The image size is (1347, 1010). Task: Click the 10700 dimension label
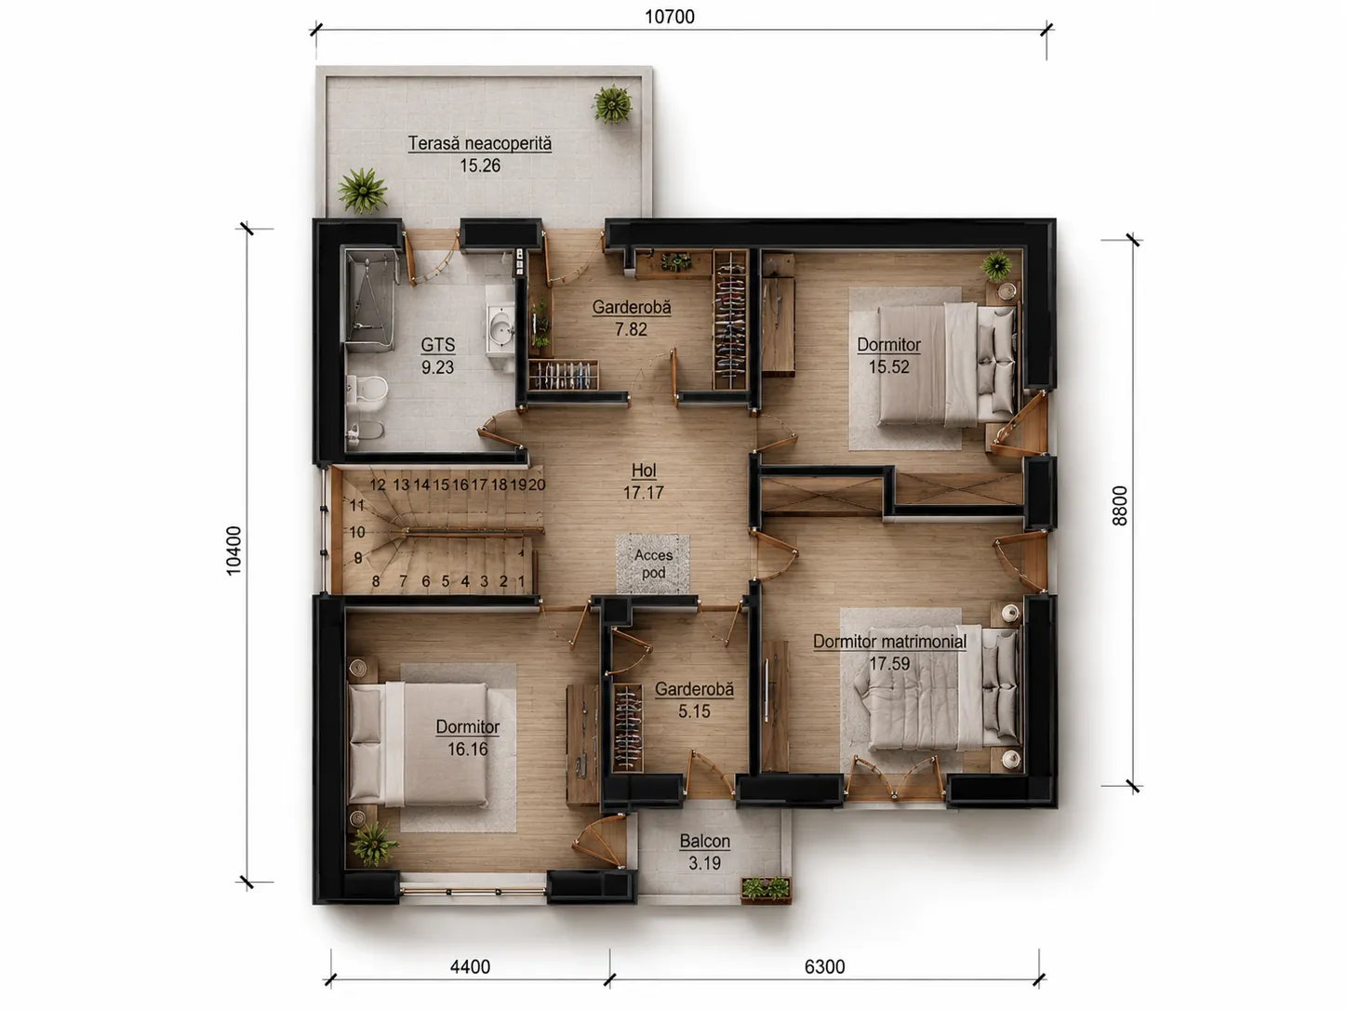[670, 17]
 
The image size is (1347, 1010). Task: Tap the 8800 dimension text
[1119, 505]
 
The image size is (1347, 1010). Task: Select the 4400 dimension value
[470, 966]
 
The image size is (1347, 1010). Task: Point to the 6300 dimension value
[824, 966]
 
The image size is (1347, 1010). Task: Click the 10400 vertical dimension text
[233, 551]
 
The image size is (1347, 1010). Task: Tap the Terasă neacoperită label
[480, 143]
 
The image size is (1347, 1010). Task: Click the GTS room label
[437, 345]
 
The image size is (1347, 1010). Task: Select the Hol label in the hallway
[644, 471]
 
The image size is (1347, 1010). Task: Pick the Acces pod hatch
[652, 564]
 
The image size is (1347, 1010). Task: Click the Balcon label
[704, 841]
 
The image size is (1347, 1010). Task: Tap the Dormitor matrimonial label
[889, 642]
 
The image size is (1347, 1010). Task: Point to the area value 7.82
[631, 329]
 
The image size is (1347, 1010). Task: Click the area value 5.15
[694, 711]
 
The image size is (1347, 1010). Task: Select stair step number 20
[537, 485]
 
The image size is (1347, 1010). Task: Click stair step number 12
[378, 485]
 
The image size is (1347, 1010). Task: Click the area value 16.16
[468, 749]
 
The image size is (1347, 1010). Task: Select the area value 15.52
[888, 366]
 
